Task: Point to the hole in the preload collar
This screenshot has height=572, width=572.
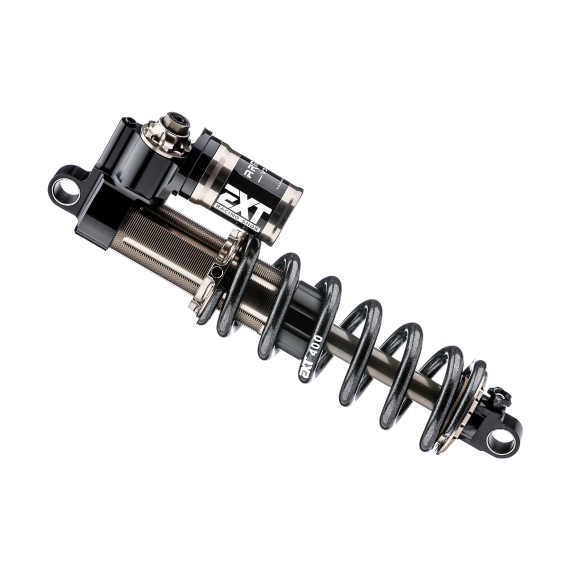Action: pyautogui.click(x=216, y=272)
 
